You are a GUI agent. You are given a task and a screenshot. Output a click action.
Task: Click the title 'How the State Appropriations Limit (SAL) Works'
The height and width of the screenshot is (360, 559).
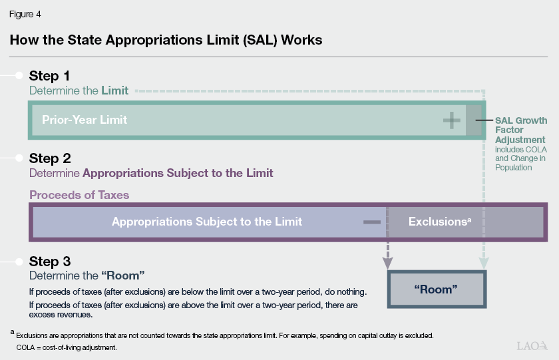coord(166,40)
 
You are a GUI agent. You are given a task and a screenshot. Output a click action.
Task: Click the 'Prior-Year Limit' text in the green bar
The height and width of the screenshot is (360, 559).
coord(85,120)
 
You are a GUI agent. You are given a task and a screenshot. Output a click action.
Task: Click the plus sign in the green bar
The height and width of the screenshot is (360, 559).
coord(452,120)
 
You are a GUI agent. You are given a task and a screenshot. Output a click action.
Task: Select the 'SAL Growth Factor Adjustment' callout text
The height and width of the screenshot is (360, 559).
coord(521,130)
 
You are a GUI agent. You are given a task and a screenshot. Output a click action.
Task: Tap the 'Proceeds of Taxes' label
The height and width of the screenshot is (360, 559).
coord(79,195)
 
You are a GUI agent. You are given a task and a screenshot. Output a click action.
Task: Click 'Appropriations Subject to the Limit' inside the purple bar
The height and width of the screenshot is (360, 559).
coord(207,222)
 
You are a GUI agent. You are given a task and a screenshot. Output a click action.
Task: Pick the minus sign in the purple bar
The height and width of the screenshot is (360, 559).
coord(373,222)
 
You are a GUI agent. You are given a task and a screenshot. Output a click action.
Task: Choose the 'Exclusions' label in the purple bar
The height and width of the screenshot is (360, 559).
coord(439,222)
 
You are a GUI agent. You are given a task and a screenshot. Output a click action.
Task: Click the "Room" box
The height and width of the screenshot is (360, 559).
coord(436,289)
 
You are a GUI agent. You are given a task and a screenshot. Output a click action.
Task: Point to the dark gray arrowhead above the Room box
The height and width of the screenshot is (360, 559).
coord(388,262)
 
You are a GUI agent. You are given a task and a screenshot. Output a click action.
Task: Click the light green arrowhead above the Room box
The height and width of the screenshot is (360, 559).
coord(484,262)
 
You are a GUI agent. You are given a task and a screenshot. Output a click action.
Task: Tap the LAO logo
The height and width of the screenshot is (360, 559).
coord(532,345)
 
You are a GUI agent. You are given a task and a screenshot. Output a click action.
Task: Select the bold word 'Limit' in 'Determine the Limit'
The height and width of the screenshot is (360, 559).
coord(114,90)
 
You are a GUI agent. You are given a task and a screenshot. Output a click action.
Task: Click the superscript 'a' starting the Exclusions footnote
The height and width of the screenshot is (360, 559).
coord(12,332)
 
